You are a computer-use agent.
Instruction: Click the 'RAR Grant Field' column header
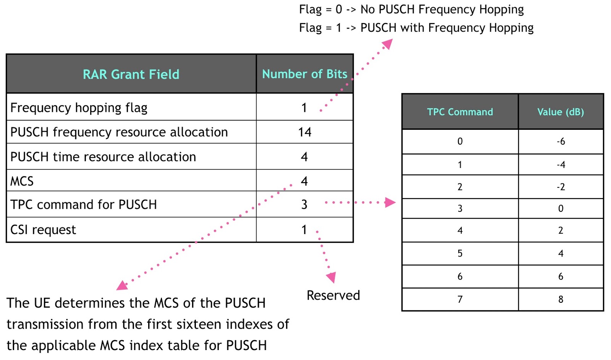pos(131,74)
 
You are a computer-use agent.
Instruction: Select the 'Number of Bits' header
pos(304,74)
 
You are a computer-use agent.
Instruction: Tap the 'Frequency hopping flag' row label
pos(79,108)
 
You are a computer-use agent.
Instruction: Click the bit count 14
pos(304,132)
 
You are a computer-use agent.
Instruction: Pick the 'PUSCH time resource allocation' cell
pos(103,157)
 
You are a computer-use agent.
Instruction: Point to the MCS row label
pos(22,181)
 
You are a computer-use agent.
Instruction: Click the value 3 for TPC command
pos(304,205)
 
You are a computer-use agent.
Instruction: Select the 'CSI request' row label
pos(43,230)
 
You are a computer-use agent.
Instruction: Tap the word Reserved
pos(333,295)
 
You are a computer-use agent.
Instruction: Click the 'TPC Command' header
pos(460,112)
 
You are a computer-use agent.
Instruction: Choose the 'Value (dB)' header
pos(560,112)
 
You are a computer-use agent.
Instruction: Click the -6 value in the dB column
pos(560,142)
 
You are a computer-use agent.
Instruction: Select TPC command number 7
pos(460,300)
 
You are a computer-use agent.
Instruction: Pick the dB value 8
pos(560,300)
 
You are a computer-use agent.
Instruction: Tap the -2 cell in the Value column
pos(560,187)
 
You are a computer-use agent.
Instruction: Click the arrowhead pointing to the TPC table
pos(390,202)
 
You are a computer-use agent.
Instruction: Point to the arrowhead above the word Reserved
pos(331,277)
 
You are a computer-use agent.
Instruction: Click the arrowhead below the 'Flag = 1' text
pos(387,44)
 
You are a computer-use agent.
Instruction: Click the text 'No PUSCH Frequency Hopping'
pos(442,10)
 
